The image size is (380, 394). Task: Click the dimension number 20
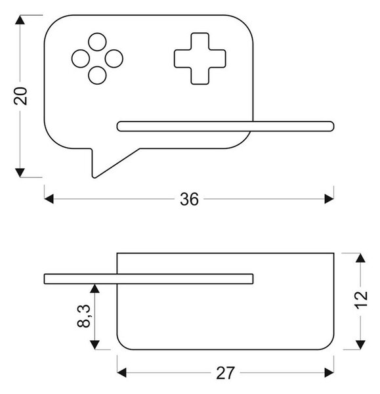[20, 96]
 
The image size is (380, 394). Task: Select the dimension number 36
[189, 199]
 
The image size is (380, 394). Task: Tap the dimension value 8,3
[83, 316]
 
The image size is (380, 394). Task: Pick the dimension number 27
[225, 373]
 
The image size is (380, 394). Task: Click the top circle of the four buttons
[97, 42]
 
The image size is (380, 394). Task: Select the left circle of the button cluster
[81, 58]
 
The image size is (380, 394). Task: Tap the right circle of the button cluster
[114, 58]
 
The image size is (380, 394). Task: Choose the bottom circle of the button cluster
[97, 76]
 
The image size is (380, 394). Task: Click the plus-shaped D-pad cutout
[200, 58]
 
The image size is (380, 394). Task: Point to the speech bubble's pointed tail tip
[94, 177]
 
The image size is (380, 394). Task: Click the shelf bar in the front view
[226, 126]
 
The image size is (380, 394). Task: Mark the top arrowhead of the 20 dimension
[20, 20]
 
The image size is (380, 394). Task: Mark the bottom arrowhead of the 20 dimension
[20, 173]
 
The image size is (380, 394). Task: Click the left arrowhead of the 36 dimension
[49, 199]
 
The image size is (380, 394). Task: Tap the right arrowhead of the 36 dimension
[329, 199]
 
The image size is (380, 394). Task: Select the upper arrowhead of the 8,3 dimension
[95, 288]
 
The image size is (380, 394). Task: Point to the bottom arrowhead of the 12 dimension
[361, 345]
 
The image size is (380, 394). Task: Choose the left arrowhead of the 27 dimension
[122, 372]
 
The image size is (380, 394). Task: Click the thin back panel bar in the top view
[149, 279]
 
